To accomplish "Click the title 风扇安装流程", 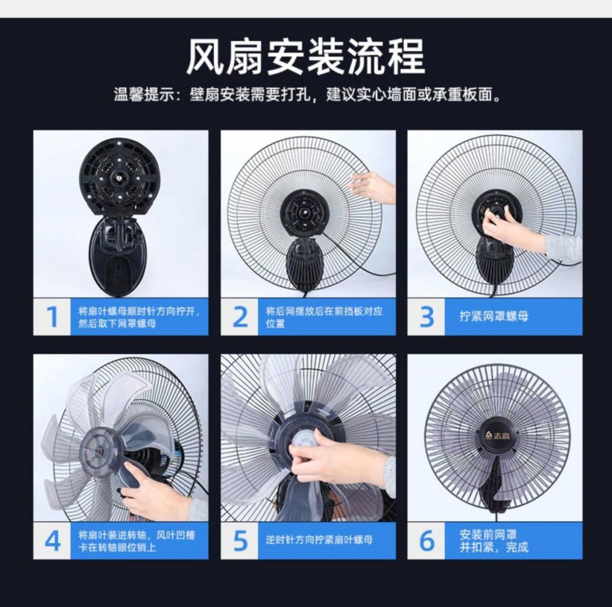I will [x=306, y=57].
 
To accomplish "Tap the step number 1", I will [x=53, y=317].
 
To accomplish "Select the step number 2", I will [x=240, y=317].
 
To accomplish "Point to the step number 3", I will [x=427, y=317].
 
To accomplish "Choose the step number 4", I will [x=53, y=540].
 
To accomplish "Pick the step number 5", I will [x=240, y=540].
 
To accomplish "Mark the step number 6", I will [x=427, y=540].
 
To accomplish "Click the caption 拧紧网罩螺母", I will [x=494, y=317].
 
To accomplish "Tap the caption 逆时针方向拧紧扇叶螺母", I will [x=320, y=540].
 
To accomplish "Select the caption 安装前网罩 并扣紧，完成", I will [x=494, y=540].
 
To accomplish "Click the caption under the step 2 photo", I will [x=325, y=317].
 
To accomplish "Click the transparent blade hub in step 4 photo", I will [x=100, y=452].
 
